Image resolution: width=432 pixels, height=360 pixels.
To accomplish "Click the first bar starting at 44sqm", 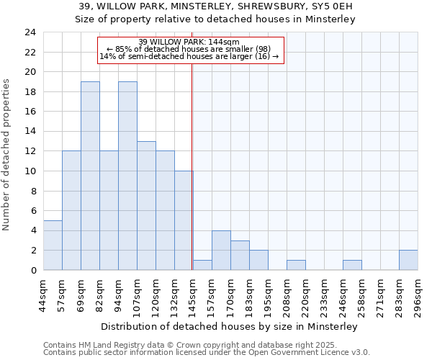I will pos(53,246).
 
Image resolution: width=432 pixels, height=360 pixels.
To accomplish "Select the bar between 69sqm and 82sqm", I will pos(90,176).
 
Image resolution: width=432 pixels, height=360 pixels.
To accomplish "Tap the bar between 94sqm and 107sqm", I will pos(127,176).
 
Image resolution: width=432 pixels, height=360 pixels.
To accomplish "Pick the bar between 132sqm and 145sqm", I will pos(184,221).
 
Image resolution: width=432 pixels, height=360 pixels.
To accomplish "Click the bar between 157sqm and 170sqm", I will pos(221,251).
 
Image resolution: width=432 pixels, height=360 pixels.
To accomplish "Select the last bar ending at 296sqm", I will pos(408,261).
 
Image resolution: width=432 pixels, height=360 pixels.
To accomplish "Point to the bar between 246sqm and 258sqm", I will pos(352,265).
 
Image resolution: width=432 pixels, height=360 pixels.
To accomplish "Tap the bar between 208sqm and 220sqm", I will pos(296,265).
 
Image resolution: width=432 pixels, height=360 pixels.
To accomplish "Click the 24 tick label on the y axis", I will pos(30,32).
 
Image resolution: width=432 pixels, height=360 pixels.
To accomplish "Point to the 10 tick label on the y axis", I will pos(30,171).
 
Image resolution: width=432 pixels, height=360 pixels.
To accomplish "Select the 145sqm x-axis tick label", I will pos(193,294).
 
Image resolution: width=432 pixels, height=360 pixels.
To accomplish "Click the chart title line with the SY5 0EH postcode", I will pos(216,6).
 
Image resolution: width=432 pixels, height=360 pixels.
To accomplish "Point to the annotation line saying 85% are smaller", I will pos(190,49).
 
